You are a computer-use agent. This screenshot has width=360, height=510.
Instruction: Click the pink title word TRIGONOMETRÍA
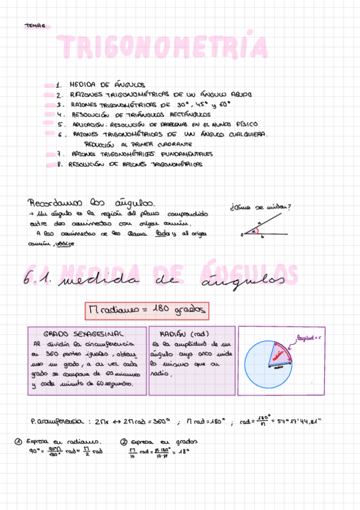(x=162, y=48)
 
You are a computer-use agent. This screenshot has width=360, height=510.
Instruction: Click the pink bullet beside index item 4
(x=49, y=114)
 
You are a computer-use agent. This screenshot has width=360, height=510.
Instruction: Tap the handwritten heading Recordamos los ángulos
(x=90, y=203)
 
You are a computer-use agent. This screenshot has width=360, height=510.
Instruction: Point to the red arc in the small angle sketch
(x=255, y=231)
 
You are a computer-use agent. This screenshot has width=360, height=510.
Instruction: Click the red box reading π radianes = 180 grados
(x=148, y=310)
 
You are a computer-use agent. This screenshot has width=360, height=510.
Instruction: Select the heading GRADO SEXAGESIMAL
(x=84, y=333)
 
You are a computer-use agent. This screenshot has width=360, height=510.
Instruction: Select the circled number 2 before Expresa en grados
(x=124, y=441)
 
